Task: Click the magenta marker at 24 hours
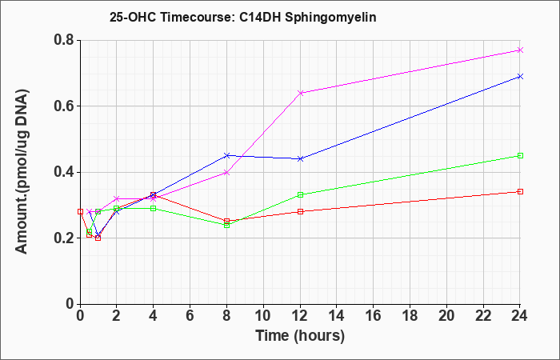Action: [520, 50]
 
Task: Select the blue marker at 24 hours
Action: [520, 77]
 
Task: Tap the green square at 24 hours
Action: [520, 156]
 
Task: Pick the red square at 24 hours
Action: [520, 192]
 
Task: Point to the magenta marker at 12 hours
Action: [300, 93]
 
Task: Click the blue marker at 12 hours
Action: [300, 159]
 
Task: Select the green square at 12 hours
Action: [300, 195]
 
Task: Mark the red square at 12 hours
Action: [300, 211]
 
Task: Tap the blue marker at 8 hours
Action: [226, 156]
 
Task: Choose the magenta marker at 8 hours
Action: [226, 173]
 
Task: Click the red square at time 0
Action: [80, 211]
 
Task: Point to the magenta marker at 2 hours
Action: [117, 198]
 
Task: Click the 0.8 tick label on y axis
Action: [64, 40]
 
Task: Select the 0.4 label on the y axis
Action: [64, 172]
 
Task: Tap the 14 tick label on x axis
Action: [337, 316]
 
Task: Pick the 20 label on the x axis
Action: [446, 316]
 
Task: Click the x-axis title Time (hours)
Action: [300, 336]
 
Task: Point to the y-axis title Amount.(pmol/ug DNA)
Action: [22, 172]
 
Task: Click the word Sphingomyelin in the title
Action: [330, 18]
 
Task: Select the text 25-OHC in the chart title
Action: [133, 17]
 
